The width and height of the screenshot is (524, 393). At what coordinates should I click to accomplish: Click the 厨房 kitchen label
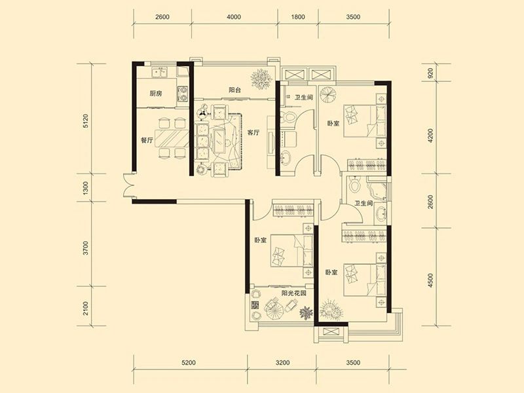[155, 94]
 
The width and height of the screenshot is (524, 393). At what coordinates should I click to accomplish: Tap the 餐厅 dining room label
[147, 140]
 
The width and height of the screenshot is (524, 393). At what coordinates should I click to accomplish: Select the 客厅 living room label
[253, 133]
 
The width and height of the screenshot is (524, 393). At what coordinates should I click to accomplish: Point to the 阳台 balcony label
[234, 90]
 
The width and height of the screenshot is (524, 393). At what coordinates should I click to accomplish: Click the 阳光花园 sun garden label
[293, 293]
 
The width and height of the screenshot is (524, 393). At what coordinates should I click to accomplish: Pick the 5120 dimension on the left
[86, 121]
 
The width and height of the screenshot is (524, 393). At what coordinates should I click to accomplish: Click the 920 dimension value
[430, 73]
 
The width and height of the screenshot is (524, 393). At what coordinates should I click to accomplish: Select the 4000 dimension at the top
[234, 17]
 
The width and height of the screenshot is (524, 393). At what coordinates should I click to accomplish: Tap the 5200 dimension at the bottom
[189, 363]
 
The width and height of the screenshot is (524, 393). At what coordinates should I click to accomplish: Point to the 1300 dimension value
[86, 188]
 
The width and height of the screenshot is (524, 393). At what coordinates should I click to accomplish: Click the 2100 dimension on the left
[86, 308]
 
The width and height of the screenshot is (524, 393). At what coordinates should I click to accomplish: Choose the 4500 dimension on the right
[430, 281]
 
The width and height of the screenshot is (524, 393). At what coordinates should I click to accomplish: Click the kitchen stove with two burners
[183, 94]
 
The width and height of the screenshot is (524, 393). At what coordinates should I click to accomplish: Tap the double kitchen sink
[159, 72]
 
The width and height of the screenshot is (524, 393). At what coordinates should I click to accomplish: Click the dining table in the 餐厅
[172, 138]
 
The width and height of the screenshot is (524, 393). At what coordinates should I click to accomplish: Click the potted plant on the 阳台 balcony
[261, 79]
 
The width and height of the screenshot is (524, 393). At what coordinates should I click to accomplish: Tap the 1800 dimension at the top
[298, 17]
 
